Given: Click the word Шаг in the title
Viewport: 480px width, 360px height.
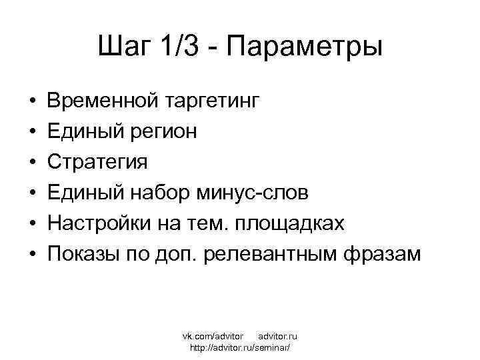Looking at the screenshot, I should coord(124,48).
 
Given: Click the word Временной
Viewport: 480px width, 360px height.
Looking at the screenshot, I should coord(102,102).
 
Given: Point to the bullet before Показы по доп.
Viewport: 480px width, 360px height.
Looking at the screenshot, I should coord(33,255).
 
